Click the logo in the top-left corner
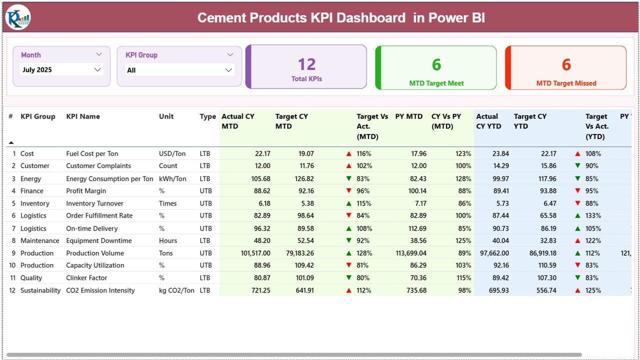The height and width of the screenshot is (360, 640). point(18,17)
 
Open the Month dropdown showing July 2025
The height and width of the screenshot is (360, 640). point(97,70)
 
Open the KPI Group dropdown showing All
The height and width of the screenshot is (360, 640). point(228,70)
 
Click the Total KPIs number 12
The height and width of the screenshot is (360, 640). point(306,64)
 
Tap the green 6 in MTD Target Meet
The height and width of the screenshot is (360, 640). point(436,64)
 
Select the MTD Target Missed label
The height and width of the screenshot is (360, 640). point(566,83)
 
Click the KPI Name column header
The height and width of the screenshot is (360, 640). point(83,116)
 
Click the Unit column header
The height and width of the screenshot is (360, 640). point(166,116)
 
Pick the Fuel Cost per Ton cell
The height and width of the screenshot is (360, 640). point(92,153)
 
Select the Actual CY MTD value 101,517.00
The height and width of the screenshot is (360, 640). point(255,253)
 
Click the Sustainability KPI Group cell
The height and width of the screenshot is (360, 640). point(40,290)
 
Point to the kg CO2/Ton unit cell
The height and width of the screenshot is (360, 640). point(176,290)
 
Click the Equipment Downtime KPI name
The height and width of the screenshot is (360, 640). point(99,240)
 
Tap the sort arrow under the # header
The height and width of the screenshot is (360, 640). point(11,143)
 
